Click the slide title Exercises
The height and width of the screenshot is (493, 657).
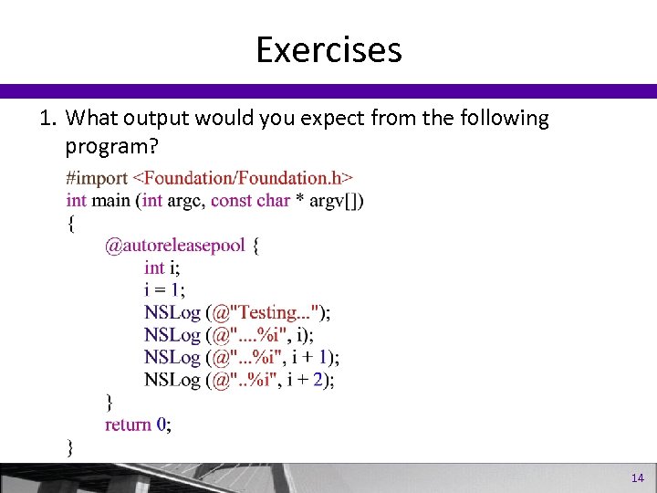328,49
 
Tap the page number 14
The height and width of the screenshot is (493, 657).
637,478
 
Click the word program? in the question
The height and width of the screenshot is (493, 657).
105,145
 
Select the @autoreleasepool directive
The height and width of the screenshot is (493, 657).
175,246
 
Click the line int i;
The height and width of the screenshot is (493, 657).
162,267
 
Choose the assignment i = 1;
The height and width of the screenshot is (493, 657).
164,289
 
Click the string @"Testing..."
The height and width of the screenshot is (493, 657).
266,312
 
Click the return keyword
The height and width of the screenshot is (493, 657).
128,425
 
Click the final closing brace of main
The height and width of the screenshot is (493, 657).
70,446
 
